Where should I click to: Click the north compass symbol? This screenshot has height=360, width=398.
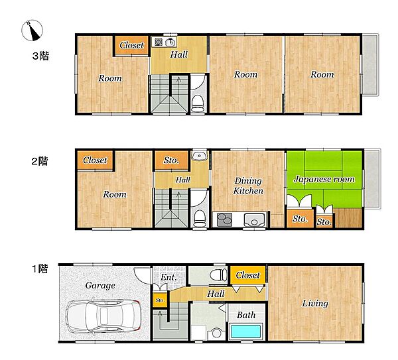click(32, 30)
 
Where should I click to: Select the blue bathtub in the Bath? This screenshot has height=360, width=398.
click(245, 331)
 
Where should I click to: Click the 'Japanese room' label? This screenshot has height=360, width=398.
click(324, 180)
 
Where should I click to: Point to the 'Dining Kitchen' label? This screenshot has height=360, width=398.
click(248, 186)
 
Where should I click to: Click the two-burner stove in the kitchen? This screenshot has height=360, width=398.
click(225, 219)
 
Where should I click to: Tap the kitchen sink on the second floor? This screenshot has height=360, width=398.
click(254, 219)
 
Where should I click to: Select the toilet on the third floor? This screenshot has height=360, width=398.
click(198, 103)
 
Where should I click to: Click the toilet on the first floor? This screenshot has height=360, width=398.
click(218, 274)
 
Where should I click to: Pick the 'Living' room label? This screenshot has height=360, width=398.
click(315, 304)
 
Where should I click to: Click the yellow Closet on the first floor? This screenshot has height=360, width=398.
click(247, 275)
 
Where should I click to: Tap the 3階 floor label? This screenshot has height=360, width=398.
click(40, 56)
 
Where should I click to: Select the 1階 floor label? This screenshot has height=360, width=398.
click(40, 269)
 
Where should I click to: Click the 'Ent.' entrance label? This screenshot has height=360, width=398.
click(168, 277)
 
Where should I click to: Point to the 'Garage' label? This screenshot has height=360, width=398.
click(100, 286)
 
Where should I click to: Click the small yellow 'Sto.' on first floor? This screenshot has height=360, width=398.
click(160, 300)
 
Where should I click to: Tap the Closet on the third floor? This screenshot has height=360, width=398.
click(131, 45)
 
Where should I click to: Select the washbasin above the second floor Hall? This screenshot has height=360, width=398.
click(200, 155)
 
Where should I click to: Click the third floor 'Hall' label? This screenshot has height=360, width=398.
click(179, 54)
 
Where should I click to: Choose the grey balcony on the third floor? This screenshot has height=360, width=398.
click(370, 64)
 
